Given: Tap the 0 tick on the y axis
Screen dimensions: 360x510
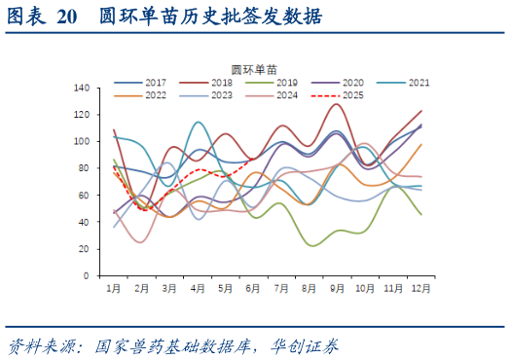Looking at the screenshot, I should pos(88,275).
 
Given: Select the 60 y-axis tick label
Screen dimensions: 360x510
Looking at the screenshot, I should pos(85,196).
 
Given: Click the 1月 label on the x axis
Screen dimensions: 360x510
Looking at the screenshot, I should pos(114,289).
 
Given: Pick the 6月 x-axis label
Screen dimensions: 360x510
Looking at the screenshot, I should pos(254,289).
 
